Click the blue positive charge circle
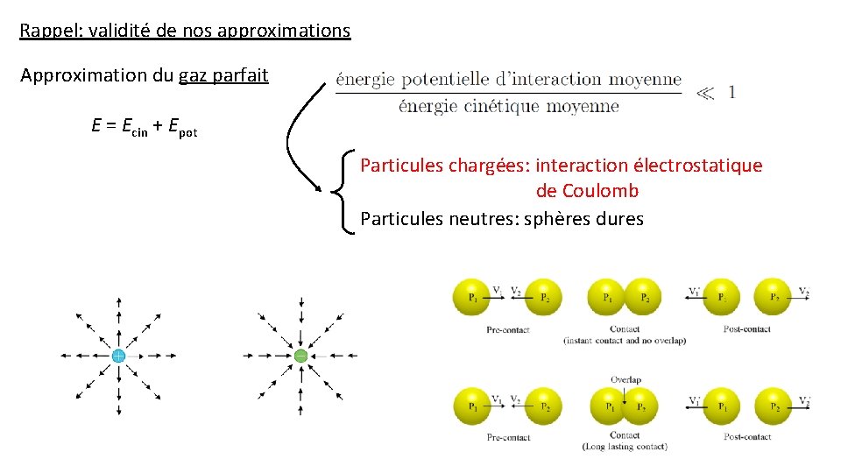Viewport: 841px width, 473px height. pos(117,356)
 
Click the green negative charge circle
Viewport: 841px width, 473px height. pos(300,356)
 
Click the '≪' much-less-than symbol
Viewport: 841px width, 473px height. pos(704,92)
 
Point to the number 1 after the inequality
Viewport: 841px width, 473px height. pos(731,92)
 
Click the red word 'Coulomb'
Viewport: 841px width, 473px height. pos(600,191)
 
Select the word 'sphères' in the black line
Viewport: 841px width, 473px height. pos(555,219)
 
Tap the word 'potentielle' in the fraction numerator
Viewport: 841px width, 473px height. pos(445,80)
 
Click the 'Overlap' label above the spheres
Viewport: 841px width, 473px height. pos(625,379)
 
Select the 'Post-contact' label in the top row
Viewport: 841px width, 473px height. pos(746,329)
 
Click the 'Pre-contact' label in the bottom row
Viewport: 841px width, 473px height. pos(508,437)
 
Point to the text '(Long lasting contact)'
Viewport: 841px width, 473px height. pos(625,447)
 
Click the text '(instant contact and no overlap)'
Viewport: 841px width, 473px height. pos(625,340)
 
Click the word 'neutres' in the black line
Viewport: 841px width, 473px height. pos(487,219)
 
